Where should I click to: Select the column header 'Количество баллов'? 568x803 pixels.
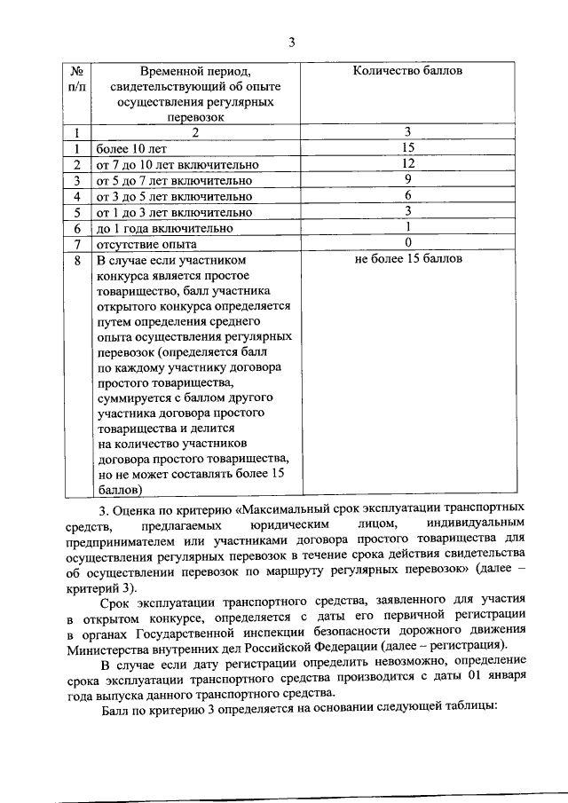pyautogui.click(x=407, y=70)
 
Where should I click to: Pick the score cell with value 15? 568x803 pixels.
pyautogui.click(x=407, y=148)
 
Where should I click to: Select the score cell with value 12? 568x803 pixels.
pyautogui.click(x=407, y=164)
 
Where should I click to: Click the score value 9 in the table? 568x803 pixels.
pyautogui.click(x=407, y=180)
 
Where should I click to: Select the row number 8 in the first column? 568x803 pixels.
pyautogui.click(x=77, y=261)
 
